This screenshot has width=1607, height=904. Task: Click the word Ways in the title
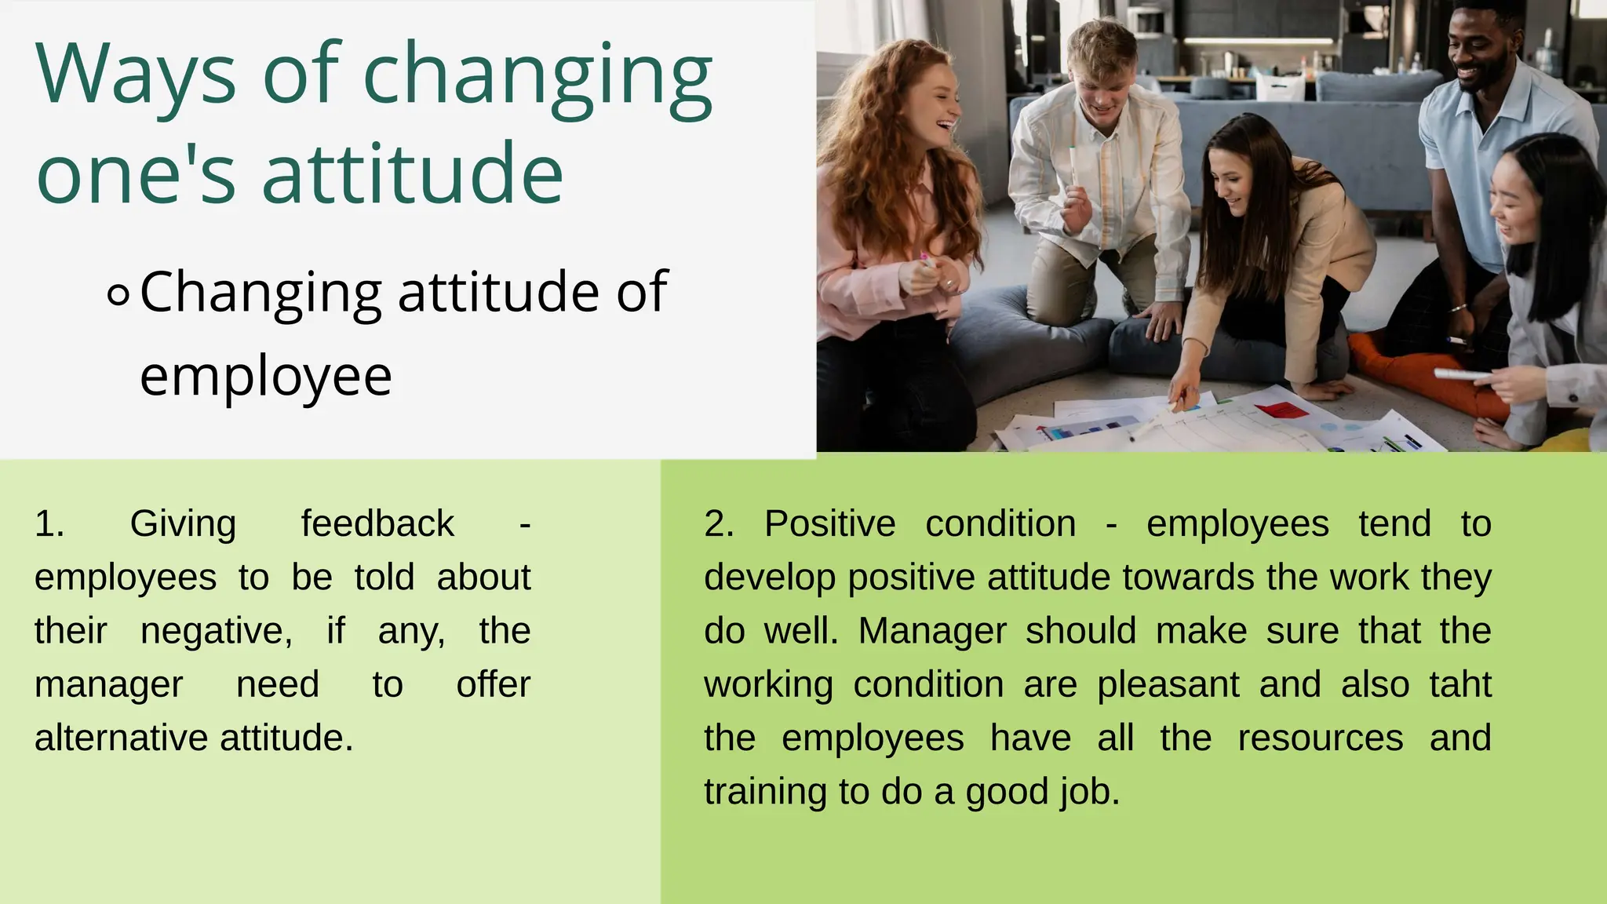[x=135, y=75]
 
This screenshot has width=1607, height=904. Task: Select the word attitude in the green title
[x=412, y=173]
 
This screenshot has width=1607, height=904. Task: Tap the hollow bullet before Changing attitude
[x=118, y=295]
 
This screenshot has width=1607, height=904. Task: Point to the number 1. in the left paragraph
[x=49, y=524]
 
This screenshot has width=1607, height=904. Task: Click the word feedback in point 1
[x=377, y=524]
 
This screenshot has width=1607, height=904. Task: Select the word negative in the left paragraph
[x=216, y=631]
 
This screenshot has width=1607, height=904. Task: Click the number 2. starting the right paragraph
[x=718, y=524]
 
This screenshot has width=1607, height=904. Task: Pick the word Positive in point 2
[x=829, y=524]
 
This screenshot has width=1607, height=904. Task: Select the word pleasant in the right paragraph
[x=1168, y=684]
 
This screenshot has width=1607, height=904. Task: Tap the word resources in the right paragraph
[x=1320, y=738]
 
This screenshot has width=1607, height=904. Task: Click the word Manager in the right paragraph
[x=932, y=631]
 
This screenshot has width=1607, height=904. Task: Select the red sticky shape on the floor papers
[x=1281, y=409]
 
